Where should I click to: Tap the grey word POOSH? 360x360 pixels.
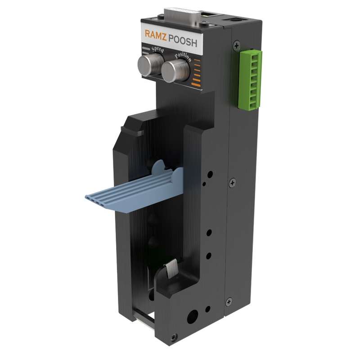[x=183, y=41]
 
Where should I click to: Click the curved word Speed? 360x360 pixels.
[x=158, y=49]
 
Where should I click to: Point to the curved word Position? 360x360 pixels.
[x=183, y=57]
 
